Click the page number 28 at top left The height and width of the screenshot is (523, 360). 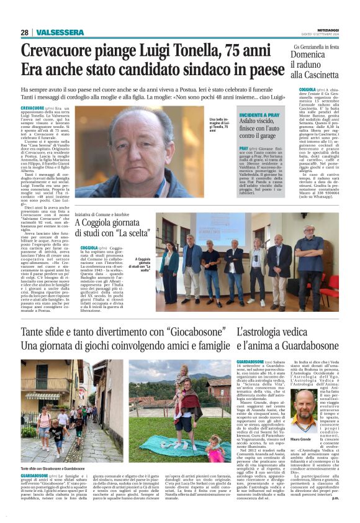[x=24, y=32]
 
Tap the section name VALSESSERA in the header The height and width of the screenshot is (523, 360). [x=60, y=32]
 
